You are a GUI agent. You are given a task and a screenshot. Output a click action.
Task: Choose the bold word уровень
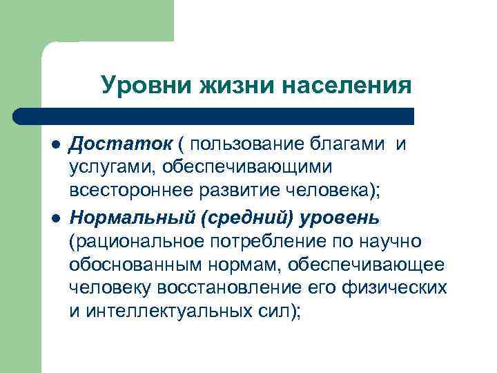pyautogui.click(x=340, y=218)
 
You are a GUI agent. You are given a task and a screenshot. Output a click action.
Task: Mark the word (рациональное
pyautogui.click(x=136, y=241)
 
